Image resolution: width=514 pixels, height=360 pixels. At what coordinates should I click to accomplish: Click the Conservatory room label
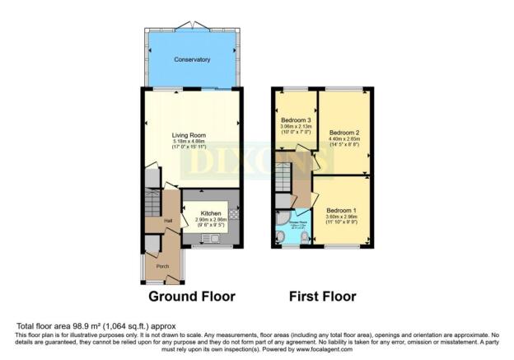tap(191, 60)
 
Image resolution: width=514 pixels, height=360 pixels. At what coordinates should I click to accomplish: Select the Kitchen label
tap(211, 213)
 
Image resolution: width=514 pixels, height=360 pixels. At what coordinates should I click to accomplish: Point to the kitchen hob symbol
tap(233, 214)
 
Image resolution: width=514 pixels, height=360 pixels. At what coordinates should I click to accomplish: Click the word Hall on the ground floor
tap(167, 221)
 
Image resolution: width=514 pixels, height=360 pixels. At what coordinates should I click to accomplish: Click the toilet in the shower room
tap(306, 238)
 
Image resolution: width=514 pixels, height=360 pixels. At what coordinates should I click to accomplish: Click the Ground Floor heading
tap(191, 296)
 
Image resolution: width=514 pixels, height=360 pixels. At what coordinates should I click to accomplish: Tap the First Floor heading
tap(323, 296)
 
